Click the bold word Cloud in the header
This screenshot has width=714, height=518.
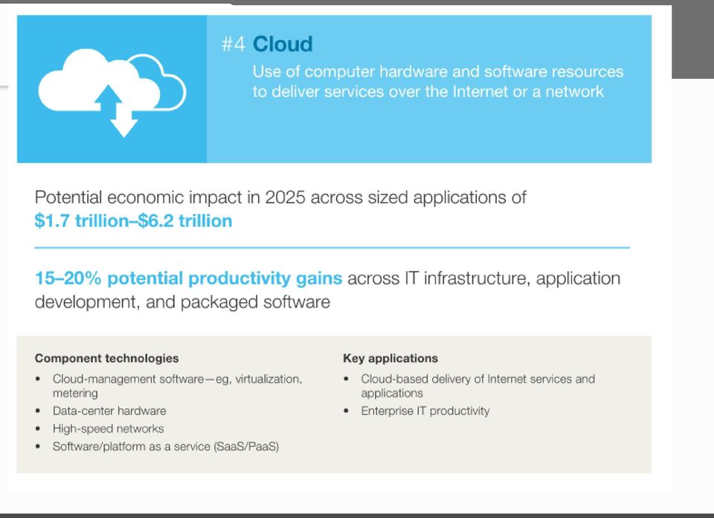coord(283,44)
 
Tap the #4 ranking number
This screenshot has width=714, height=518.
coord(234,45)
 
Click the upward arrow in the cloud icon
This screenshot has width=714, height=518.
coord(108,97)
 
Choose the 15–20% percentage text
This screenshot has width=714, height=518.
coord(68,278)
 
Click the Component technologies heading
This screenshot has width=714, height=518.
coord(106,358)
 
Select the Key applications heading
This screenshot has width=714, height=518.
coord(390,358)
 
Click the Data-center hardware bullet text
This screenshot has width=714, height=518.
coord(109,411)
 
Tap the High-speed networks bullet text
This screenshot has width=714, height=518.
coord(109,429)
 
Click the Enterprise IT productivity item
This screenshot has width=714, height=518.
coord(425,411)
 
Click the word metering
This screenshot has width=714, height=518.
coord(75,393)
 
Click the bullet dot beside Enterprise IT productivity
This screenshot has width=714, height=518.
coord(347,411)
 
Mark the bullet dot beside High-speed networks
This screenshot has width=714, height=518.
coord(38,429)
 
